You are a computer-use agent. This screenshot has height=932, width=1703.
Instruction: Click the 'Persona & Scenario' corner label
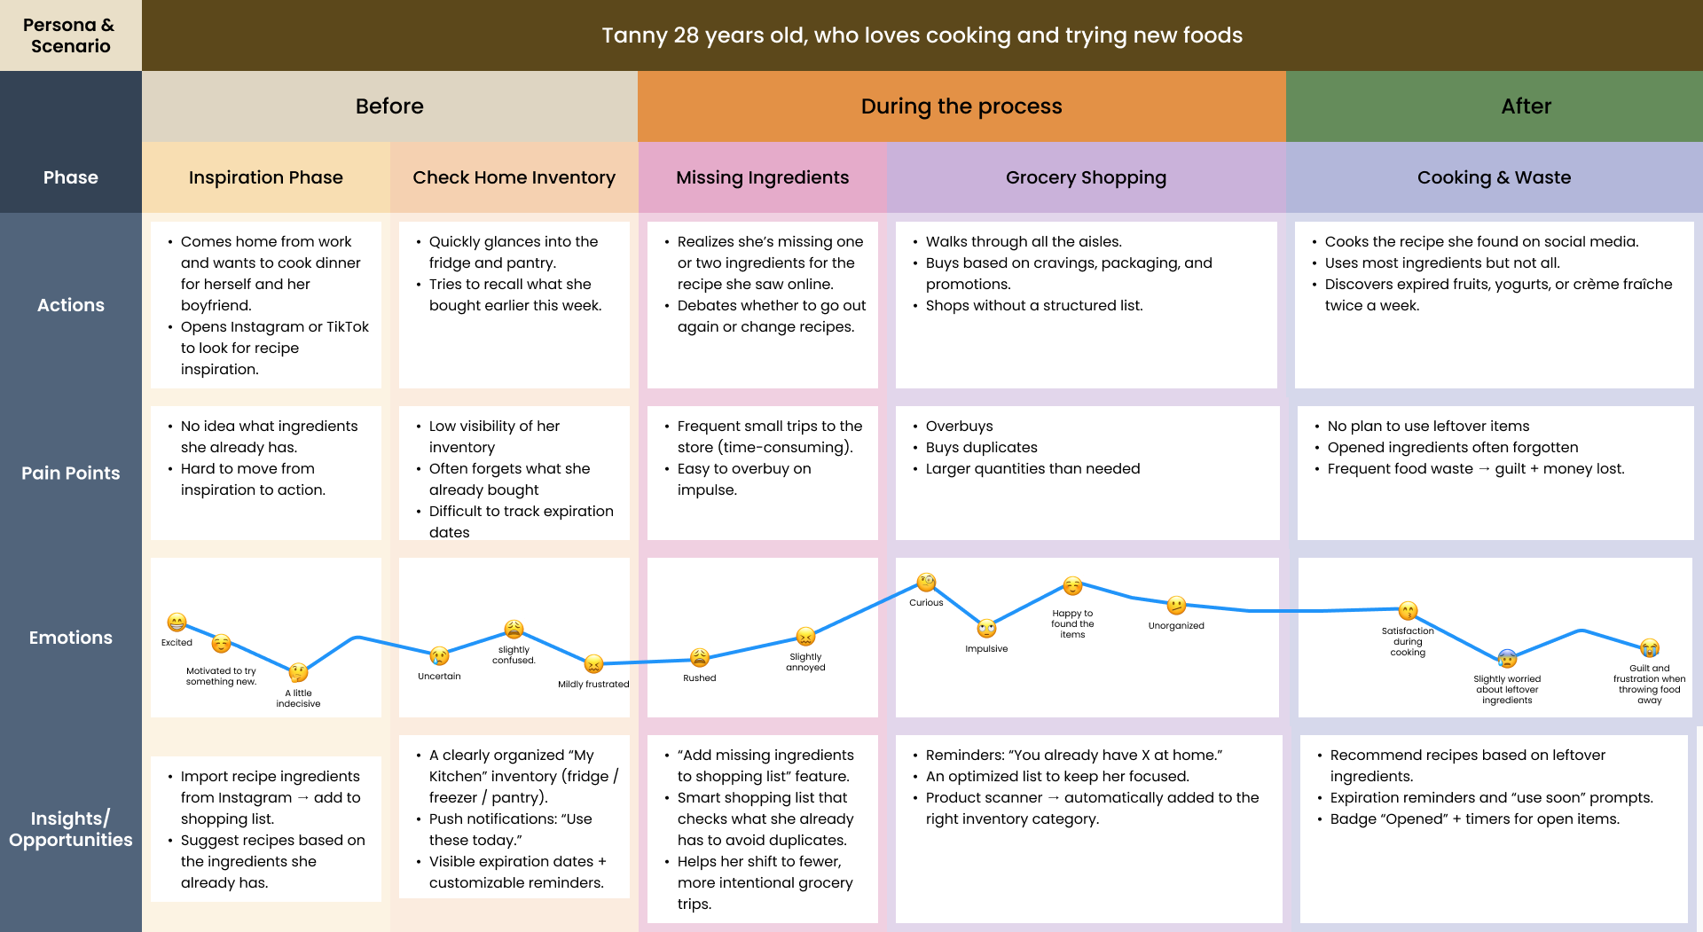click(x=70, y=35)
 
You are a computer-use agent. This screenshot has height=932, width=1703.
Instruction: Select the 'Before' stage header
click(x=389, y=106)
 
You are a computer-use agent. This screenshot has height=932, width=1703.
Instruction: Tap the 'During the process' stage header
click(x=961, y=106)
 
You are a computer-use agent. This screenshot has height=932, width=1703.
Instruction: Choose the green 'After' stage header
click(x=1526, y=106)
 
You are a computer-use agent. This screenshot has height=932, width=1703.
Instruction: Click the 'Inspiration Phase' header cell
click(x=265, y=177)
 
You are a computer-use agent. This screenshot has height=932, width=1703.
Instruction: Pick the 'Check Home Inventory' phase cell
click(x=514, y=177)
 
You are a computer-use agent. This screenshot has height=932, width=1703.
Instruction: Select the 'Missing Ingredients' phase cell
click(x=762, y=177)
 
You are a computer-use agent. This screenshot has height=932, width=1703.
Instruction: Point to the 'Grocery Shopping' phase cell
click(x=1086, y=177)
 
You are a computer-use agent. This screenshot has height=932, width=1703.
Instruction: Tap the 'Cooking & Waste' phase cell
click(x=1494, y=177)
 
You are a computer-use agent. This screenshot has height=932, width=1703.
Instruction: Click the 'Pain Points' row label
click(x=70, y=473)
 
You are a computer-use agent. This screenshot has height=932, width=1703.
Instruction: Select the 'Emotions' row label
click(x=70, y=638)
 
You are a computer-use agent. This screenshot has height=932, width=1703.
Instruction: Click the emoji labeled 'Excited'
click(x=177, y=623)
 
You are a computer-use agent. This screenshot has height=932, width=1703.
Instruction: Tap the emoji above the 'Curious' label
click(x=926, y=583)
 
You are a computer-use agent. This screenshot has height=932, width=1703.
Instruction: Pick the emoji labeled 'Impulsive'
click(x=986, y=629)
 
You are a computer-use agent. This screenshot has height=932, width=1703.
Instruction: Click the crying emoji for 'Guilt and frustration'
click(x=1649, y=648)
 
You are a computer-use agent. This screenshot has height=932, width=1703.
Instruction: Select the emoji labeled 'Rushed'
click(x=699, y=658)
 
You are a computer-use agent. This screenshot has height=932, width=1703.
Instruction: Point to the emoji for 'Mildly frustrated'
click(x=593, y=664)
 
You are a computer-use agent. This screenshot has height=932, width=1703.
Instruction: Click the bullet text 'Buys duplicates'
click(x=981, y=447)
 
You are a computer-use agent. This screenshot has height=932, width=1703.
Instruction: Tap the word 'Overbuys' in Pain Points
click(x=959, y=426)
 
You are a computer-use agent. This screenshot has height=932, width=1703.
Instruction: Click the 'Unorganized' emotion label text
click(x=1176, y=625)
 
